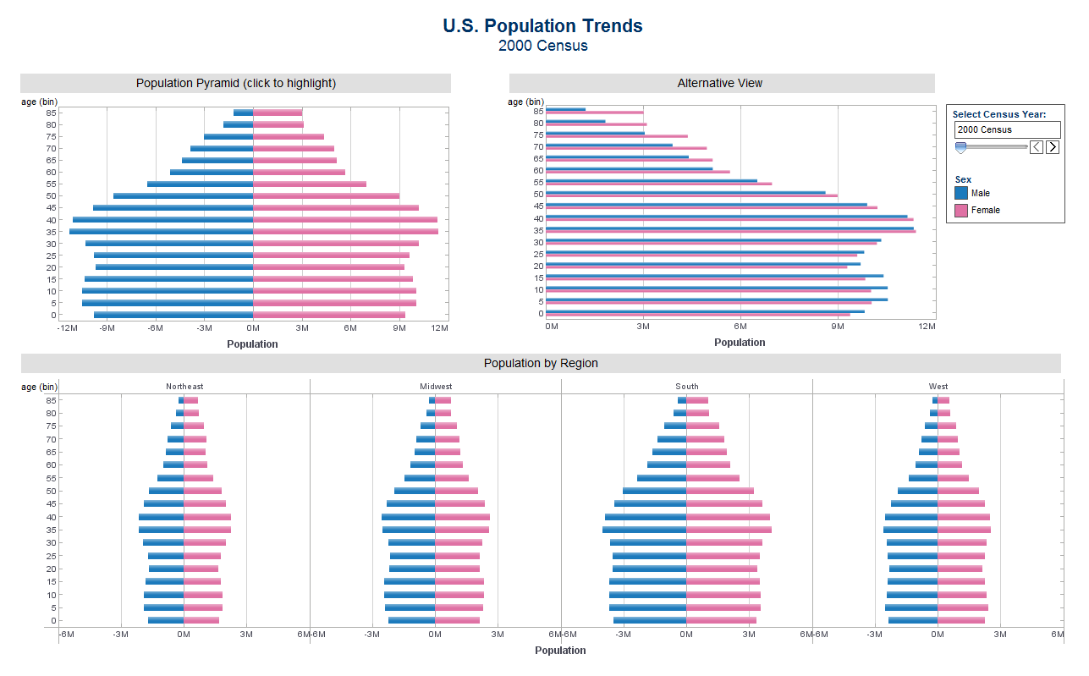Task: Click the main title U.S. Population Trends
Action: pyautogui.click(x=542, y=26)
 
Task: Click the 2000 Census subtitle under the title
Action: pyautogui.click(x=542, y=46)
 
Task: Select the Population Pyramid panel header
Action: pyautogui.click(x=235, y=83)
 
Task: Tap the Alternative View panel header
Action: pyautogui.click(x=720, y=83)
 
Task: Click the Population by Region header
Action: pyautogui.click(x=541, y=363)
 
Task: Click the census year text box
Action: pyautogui.click(x=1007, y=129)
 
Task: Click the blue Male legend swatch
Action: pyautogui.click(x=961, y=193)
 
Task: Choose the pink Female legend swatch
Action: pyautogui.click(x=961, y=210)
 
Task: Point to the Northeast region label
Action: pyautogui.click(x=184, y=387)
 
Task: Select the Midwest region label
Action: pyautogui.click(x=436, y=387)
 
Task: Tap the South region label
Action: pyautogui.click(x=687, y=387)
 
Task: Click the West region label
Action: pyautogui.click(x=938, y=387)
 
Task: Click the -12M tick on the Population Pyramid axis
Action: pyautogui.click(x=67, y=327)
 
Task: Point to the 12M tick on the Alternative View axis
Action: pyautogui.click(x=927, y=326)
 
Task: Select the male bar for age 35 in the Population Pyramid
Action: pyautogui.click(x=161, y=231)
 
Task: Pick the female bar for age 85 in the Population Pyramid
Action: pyautogui.click(x=278, y=113)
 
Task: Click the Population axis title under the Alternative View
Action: pyautogui.click(x=740, y=343)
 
